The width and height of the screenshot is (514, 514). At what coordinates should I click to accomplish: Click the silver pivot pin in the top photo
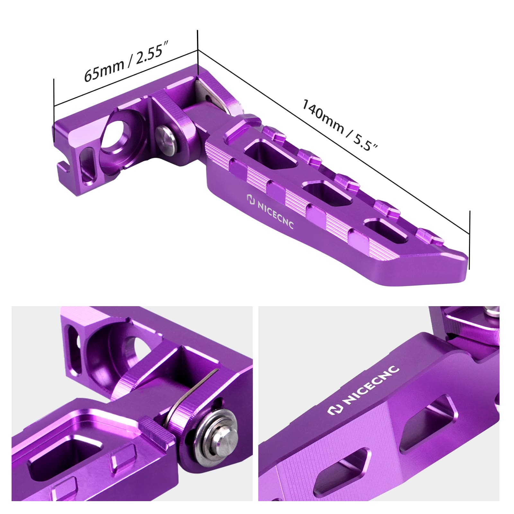[167, 138]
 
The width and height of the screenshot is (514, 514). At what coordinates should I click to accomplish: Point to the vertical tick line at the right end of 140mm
[470, 240]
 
